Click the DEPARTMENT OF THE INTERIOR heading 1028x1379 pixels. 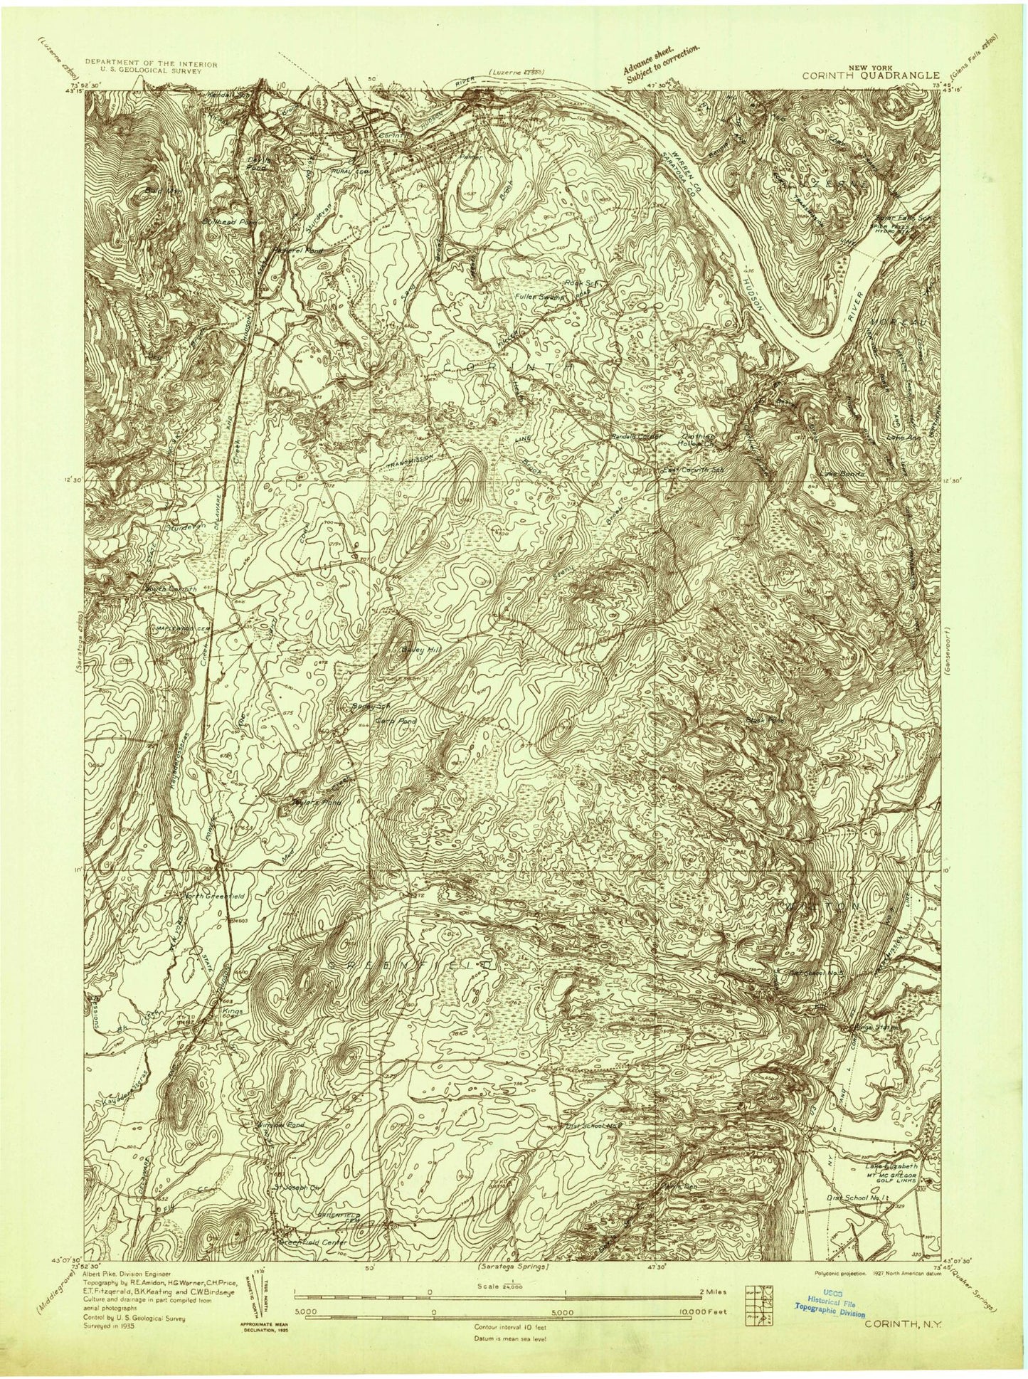(151, 63)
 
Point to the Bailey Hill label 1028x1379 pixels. (405, 650)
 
